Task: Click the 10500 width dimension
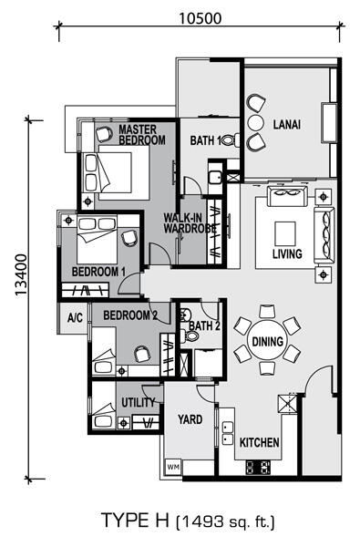[x=201, y=18]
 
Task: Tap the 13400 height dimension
[x=21, y=275]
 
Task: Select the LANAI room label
[x=287, y=125]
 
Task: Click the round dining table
[x=268, y=341]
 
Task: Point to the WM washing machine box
[x=172, y=466]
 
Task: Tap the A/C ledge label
[x=76, y=317]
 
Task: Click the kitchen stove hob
[x=258, y=467]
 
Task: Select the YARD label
[x=190, y=419]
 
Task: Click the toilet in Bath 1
[x=231, y=140]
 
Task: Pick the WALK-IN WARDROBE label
[x=190, y=223]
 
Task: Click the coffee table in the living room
[x=285, y=233]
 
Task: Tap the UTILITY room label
[x=139, y=403]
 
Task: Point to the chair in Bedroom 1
[x=129, y=238]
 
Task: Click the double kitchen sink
[x=228, y=432]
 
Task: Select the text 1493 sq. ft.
[x=226, y=521]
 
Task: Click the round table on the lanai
[x=255, y=122]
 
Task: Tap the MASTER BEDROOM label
[x=142, y=135]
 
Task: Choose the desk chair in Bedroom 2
[x=142, y=354]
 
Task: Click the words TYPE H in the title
[x=135, y=521]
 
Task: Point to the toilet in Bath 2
[x=190, y=336]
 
